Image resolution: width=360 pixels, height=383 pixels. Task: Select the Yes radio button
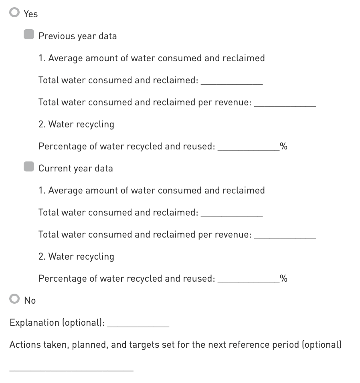15,13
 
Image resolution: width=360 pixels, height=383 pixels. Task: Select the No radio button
15,299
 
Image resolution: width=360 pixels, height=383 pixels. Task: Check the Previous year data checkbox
29,35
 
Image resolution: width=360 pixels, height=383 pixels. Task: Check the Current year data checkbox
29,167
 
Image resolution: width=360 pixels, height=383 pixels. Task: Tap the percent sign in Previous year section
284,146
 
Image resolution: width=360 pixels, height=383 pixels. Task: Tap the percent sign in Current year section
284,278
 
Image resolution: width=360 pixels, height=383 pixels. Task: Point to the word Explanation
34,323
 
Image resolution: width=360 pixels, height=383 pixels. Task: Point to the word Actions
24,345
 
